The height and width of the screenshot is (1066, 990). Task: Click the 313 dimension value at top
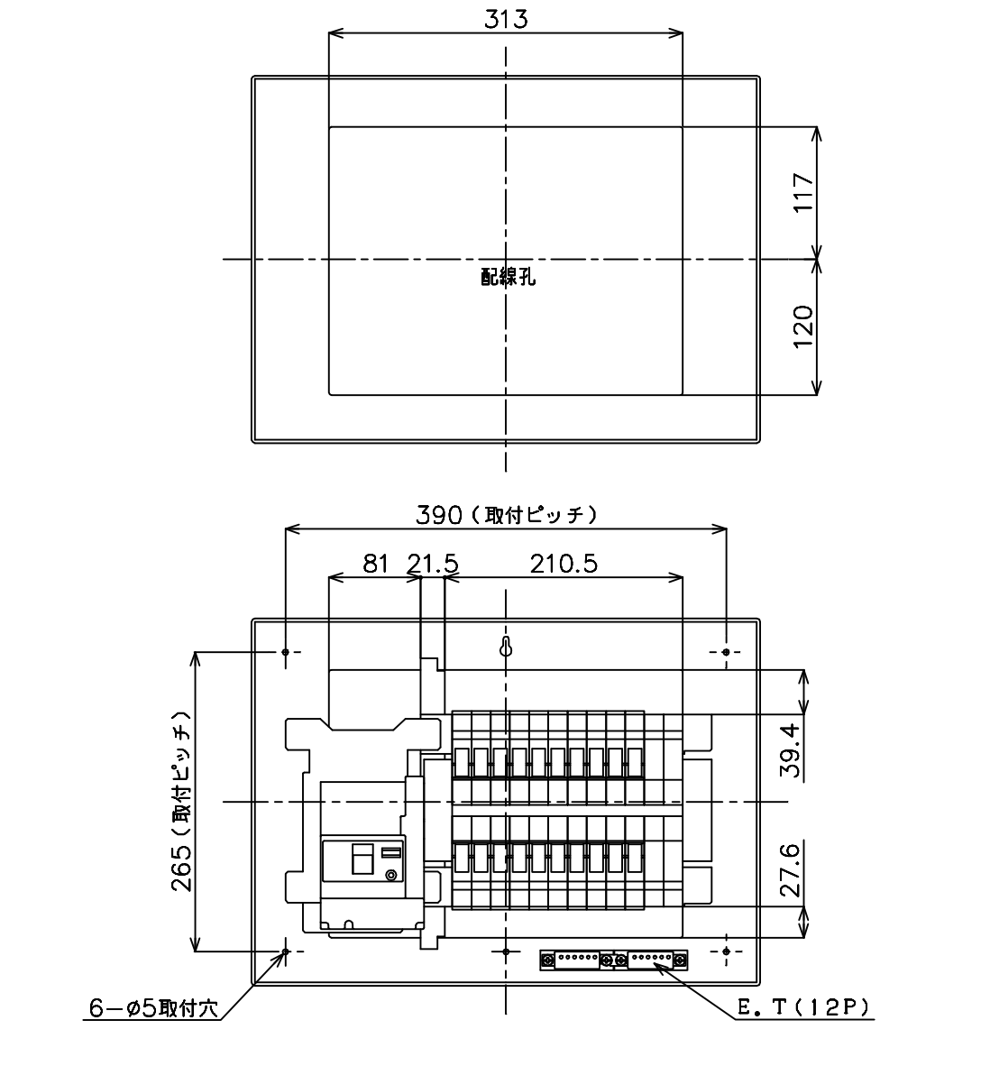[506, 18]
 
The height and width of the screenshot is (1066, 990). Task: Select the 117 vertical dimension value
[804, 192]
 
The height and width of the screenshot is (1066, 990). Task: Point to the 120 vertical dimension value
[804, 326]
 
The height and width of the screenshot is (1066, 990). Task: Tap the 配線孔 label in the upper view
[509, 277]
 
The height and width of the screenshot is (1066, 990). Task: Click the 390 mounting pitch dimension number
[439, 515]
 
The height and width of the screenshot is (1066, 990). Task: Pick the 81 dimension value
[375, 564]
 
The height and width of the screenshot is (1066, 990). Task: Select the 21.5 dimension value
[433, 564]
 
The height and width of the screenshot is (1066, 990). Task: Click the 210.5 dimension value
[564, 564]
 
